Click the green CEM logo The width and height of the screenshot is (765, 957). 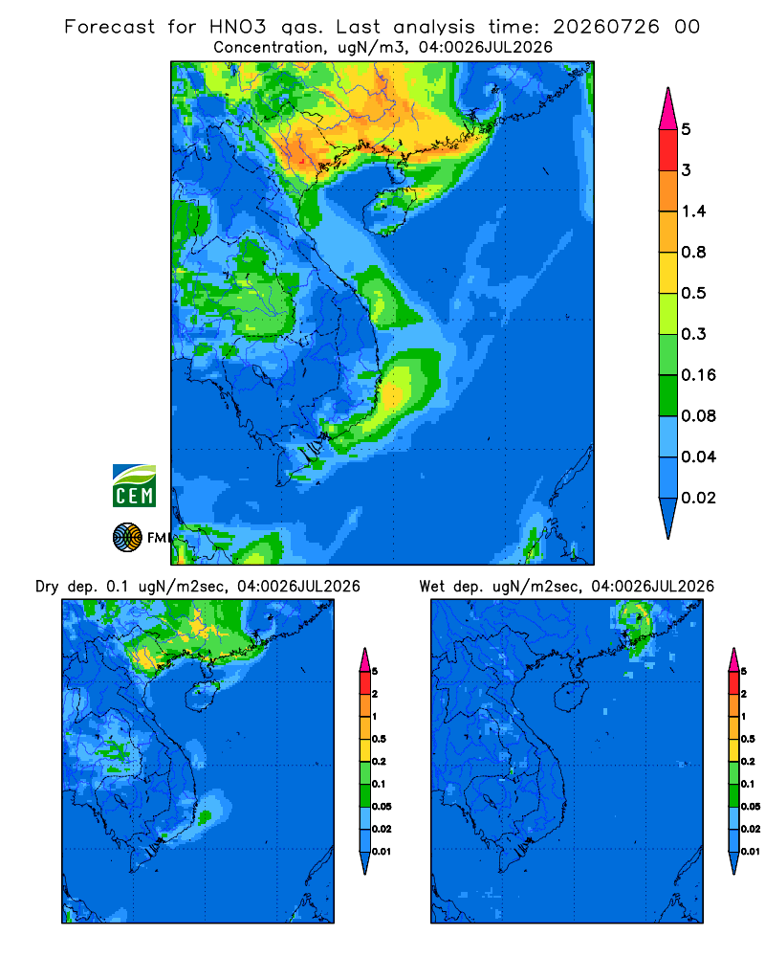[x=134, y=486]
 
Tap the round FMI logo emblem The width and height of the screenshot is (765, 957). [x=127, y=538]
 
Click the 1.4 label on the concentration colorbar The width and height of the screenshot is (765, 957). [x=693, y=211]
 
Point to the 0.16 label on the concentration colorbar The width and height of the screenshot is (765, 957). [x=698, y=375]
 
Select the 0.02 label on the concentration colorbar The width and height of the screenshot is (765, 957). [x=698, y=498]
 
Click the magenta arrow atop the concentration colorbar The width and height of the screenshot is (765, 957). [x=668, y=108]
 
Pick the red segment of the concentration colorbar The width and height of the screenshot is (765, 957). [x=668, y=149]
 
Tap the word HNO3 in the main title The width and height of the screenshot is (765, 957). [x=238, y=27]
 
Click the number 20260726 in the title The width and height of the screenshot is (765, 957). [x=606, y=27]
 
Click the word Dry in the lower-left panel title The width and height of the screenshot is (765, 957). [x=47, y=587]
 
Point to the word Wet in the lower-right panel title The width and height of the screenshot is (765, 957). [x=431, y=587]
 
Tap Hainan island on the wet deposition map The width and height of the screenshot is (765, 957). [x=572, y=695]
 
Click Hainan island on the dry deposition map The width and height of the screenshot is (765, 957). [x=202, y=695]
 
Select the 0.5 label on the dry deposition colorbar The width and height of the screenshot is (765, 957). [x=379, y=739]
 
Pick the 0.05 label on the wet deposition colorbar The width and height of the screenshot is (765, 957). [x=751, y=806]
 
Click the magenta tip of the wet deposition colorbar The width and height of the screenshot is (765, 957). [x=733, y=659]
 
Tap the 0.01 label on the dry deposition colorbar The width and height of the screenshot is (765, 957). [x=382, y=852]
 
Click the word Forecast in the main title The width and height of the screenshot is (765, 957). [x=110, y=27]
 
